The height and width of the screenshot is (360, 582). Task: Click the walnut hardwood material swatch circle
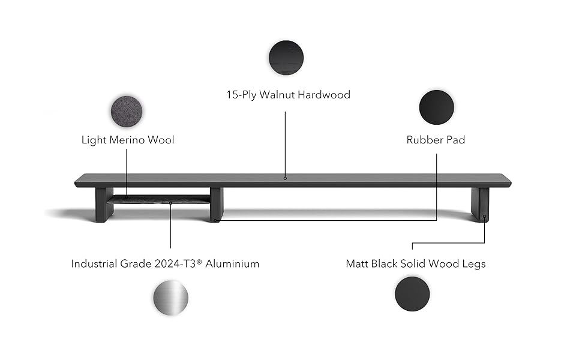286,58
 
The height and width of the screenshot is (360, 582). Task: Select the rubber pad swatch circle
436,107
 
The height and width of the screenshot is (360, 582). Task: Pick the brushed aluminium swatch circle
170,298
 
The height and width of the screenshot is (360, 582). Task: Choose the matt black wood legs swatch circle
413,294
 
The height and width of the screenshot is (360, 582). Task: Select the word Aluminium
233,263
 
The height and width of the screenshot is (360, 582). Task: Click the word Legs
473,263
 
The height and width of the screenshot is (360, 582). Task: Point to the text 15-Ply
240,95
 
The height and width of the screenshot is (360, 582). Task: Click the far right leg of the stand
480,205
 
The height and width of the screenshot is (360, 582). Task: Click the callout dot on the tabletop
286,178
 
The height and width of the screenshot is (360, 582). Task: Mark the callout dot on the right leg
484,217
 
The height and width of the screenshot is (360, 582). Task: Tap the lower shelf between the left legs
161,199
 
